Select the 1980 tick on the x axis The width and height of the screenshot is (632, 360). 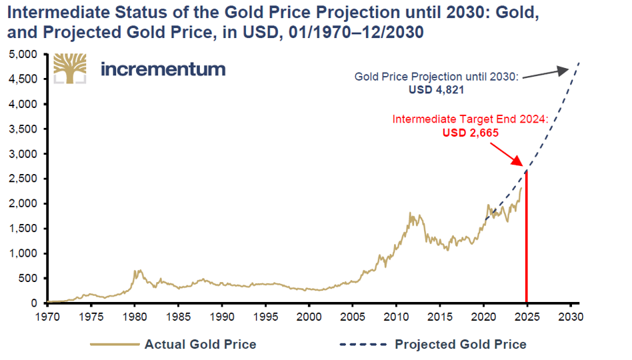click(134, 314)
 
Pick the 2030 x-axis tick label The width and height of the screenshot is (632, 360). click(571, 314)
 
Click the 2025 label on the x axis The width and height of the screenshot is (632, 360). click(527, 314)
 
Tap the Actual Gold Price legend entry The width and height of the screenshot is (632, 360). click(200, 345)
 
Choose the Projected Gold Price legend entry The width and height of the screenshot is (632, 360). click(460, 345)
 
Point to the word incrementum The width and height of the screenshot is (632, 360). click(163, 69)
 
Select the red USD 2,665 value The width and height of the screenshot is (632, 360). click(471, 133)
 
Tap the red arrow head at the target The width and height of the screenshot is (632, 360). click(522, 166)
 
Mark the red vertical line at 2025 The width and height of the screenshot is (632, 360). click(527, 240)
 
